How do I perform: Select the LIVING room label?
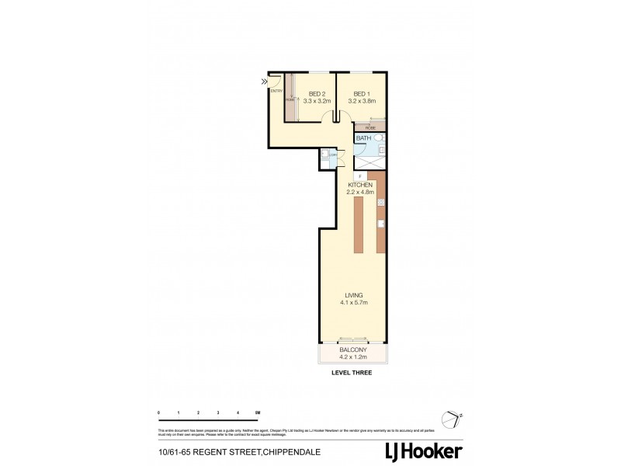tap(355, 294)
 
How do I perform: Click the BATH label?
tap(363, 138)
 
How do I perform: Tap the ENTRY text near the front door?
tap(276, 90)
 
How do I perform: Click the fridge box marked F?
tap(360, 176)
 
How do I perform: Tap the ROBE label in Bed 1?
tap(370, 127)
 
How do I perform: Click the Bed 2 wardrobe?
tap(290, 97)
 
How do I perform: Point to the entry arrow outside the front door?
tap(265, 80)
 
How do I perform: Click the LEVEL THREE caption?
tap(352, 374)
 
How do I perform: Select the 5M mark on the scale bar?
tap(258, 412)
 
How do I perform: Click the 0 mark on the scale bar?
tap(158, 412)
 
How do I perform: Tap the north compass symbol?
tap(450, 416)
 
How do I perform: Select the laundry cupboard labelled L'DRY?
tap(332, 155)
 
